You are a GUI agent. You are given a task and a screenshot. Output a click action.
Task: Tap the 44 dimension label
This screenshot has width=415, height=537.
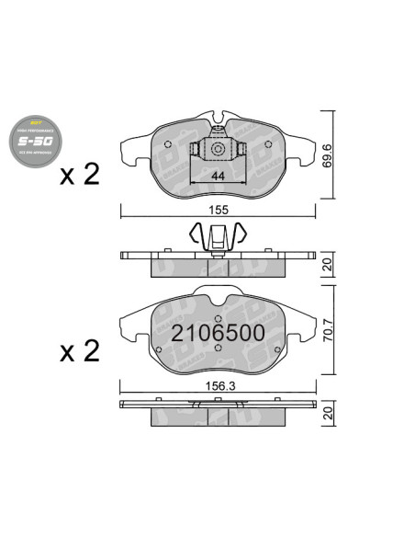[x=219, y=176]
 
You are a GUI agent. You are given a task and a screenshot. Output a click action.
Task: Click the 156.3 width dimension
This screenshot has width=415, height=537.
[x=219, y=385]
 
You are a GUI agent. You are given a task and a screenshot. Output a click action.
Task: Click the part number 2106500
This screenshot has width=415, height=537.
[x=219, y=332]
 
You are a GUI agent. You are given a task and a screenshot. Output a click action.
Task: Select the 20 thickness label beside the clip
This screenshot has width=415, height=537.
[x=328, y=266]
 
